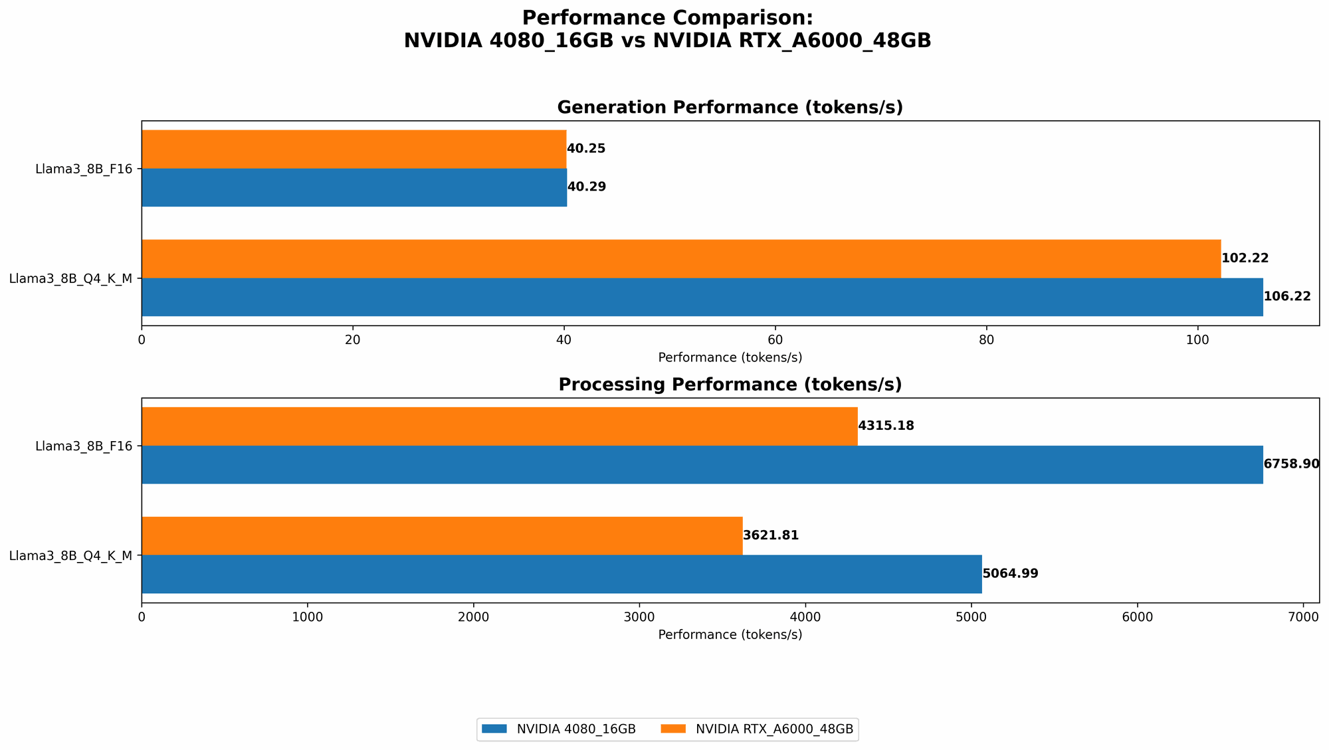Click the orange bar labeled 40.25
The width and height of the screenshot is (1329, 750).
(x=354, y=149)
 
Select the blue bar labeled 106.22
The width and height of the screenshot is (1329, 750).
(x=702, y=297)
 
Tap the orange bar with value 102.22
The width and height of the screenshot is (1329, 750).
(x=681, y=258)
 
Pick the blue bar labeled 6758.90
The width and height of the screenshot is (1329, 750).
(x=702, y=464)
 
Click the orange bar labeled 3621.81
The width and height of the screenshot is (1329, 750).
(x=442, y=535)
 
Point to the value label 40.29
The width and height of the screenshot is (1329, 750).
(x=586, y=187)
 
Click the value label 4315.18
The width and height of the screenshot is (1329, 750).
(x=886, y=426)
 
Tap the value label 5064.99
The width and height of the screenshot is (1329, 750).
(x=1010, y=574)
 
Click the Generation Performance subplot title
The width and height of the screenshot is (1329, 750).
(x=730, y=108)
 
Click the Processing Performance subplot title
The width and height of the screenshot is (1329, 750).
(x=730, y=385)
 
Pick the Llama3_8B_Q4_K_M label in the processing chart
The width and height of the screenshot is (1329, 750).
(x=70, y=555)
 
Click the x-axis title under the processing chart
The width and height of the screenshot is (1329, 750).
(x=730, y=635)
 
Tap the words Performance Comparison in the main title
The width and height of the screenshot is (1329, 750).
(x=667, y=18)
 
